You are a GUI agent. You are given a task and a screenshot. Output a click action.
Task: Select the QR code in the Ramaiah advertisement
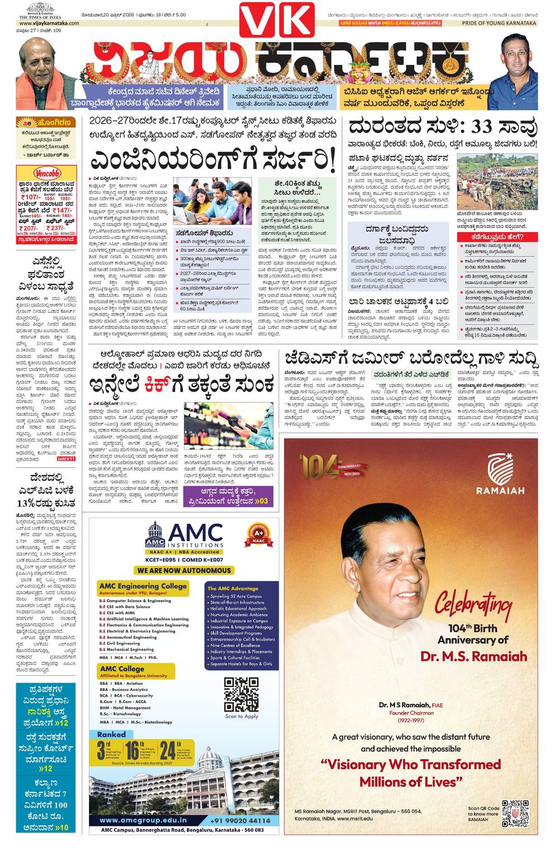514,814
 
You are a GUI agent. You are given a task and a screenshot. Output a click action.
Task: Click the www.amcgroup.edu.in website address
143,820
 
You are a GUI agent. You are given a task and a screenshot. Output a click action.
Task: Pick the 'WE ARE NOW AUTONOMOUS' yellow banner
184,570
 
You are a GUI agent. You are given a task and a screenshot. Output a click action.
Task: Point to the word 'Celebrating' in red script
473,604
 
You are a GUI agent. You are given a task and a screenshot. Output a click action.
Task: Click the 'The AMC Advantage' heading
233,589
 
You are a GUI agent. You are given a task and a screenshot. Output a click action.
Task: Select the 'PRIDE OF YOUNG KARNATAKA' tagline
499,23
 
